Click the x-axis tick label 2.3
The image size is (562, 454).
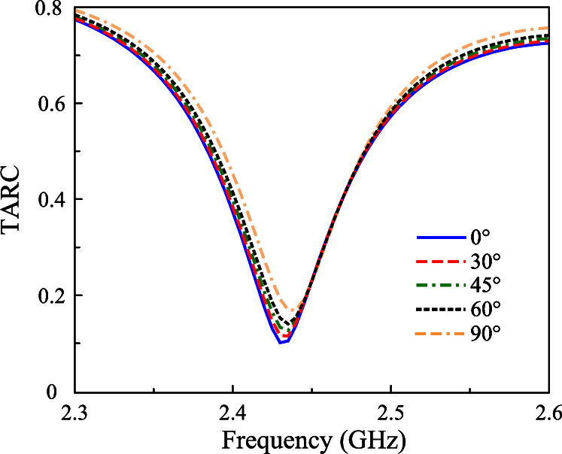click(x=74, y=413)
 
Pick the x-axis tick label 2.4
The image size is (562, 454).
click(x=232, y=413)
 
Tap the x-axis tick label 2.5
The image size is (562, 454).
click(x=390, y=413)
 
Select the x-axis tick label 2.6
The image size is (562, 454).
click(x=547, y=413)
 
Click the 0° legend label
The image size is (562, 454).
click(x=480, y=238)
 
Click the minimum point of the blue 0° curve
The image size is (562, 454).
click(x=282, y=343)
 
